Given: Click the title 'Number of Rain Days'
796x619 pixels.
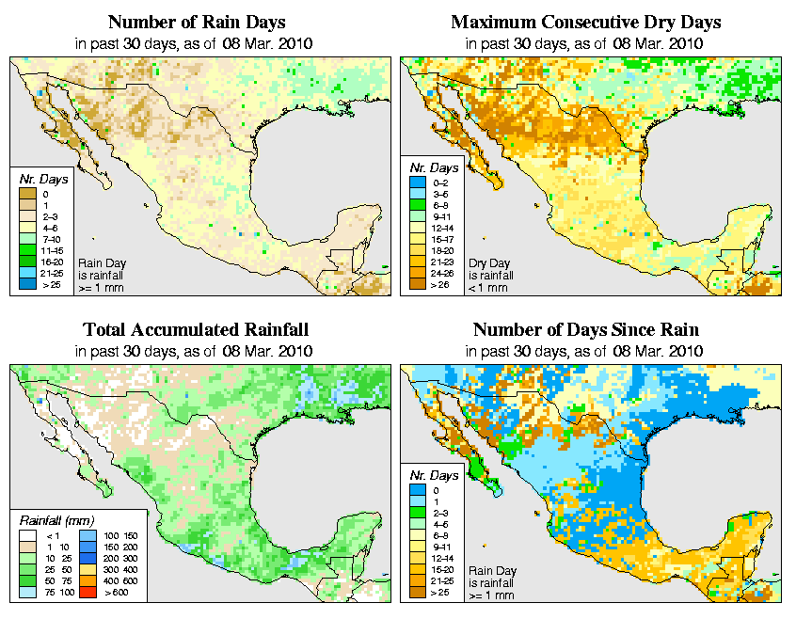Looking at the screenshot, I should (196, 22).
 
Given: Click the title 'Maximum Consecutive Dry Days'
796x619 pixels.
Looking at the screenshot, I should (586, 22).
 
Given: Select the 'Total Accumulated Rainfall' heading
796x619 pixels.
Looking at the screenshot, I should (196, 330).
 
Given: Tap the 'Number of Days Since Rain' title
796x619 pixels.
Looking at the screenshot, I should (586, 330).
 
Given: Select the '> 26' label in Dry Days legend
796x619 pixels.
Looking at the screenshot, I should (440, 283).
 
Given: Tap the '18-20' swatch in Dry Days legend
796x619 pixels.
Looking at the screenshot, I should (416, 250).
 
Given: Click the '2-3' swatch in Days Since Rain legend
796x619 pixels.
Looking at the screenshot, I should (416, 512).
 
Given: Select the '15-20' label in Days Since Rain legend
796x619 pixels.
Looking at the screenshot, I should (440, 568).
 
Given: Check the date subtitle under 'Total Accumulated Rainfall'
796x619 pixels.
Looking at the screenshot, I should (196, 351).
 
